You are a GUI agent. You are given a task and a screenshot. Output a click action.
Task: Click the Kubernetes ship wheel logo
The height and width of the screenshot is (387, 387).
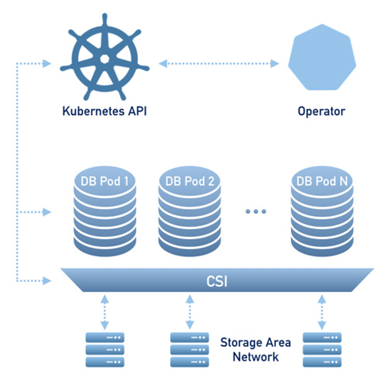105,57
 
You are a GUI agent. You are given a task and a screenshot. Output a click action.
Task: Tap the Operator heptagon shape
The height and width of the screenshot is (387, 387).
322,57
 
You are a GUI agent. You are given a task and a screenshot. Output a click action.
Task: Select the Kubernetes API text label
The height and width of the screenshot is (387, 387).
105,111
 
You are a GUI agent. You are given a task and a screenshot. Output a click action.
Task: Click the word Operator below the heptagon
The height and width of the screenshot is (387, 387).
321,111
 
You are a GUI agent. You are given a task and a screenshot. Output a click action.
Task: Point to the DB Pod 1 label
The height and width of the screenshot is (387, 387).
105,182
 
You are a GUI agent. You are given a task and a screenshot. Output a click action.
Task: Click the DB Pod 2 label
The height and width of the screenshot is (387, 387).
189,182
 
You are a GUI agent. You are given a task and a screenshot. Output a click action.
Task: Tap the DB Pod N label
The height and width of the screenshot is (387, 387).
322,182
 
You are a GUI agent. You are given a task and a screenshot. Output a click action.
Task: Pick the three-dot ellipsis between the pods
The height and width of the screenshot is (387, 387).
256,211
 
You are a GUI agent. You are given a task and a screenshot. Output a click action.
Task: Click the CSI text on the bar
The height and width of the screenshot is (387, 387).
217,281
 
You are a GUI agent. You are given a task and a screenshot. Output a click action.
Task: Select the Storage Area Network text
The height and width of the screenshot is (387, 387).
256,349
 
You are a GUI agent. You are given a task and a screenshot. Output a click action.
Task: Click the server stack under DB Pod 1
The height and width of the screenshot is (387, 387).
105,350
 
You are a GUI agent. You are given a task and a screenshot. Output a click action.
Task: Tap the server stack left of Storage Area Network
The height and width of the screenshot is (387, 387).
189,350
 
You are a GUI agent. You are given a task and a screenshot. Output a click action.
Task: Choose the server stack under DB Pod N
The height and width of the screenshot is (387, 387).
322,350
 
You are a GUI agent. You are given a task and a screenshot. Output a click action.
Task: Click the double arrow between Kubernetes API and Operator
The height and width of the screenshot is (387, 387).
219,63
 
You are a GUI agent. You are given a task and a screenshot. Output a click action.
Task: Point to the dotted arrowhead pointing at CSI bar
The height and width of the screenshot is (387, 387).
46,281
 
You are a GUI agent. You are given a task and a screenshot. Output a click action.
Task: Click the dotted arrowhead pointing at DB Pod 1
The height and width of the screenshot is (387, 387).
46,212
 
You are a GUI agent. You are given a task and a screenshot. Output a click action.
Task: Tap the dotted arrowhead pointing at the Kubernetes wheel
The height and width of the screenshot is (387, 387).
46,63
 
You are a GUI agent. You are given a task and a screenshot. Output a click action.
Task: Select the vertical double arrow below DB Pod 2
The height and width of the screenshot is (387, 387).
189,312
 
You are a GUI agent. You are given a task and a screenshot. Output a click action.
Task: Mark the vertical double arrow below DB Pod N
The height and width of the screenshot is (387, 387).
322,312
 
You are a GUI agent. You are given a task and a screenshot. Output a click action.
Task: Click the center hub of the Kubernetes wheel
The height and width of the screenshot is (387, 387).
105,59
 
